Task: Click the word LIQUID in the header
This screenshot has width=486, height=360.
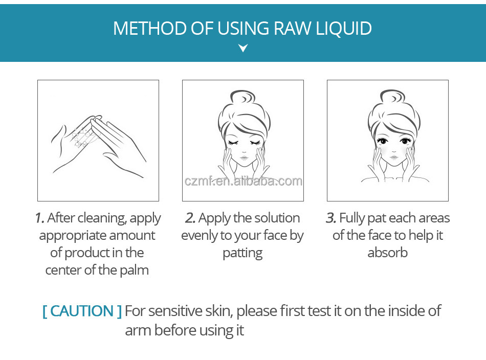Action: (344, 29)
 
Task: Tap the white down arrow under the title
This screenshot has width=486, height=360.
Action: (243, 48)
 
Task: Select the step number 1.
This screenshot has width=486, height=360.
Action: (39, 218)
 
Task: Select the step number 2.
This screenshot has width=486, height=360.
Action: (190, 218)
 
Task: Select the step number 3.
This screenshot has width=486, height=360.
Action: (330, 218)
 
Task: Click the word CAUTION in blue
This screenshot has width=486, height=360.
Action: (82, 311)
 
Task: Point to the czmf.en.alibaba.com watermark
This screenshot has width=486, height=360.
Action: (244, 181)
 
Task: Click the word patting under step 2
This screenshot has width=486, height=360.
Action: (242, 254)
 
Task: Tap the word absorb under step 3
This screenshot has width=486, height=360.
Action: (387, 253)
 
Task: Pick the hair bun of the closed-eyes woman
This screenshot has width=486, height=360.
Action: (242, 97)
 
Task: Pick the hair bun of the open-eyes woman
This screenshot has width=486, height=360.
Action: (392, 97)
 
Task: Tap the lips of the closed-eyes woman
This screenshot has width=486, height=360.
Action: (244, 158)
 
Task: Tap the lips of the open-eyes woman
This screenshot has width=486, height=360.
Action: (393, 157)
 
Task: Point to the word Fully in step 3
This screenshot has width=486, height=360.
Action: (352, 218)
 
